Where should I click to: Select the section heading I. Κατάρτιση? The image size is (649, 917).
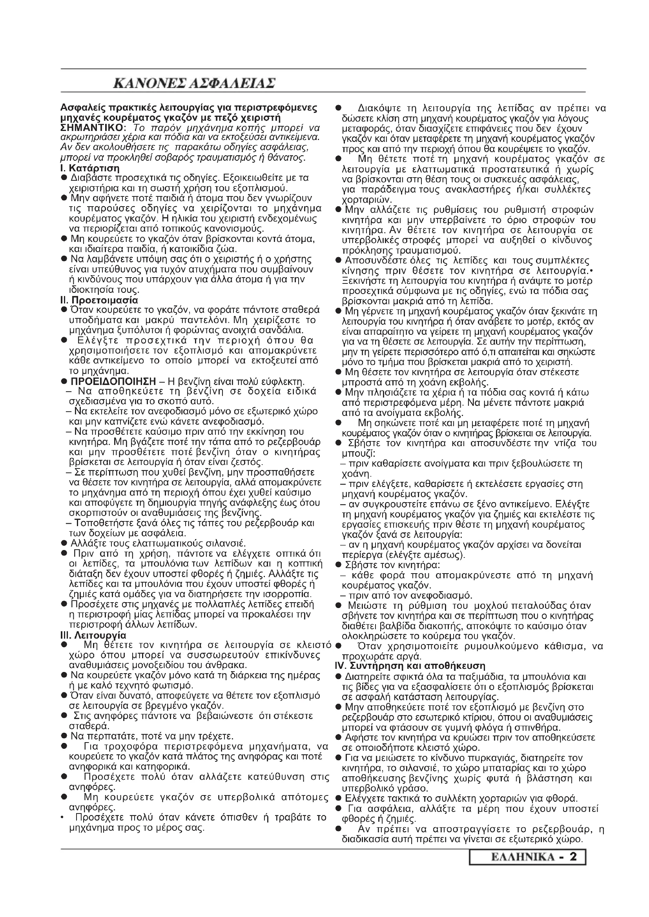click(x=90, y=168)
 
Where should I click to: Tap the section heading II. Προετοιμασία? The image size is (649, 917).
click(x=99, y=300)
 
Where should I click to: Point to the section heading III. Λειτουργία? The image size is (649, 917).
click(x=93, y=635)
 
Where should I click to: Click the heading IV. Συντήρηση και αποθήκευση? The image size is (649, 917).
click(x=410, y=666)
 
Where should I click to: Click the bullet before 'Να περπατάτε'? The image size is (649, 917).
click(x=64, y=735)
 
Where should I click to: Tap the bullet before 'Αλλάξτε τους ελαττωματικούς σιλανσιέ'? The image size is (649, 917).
click(x=64, y=543)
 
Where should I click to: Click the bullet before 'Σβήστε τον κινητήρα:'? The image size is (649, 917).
click(x=338, y=565)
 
